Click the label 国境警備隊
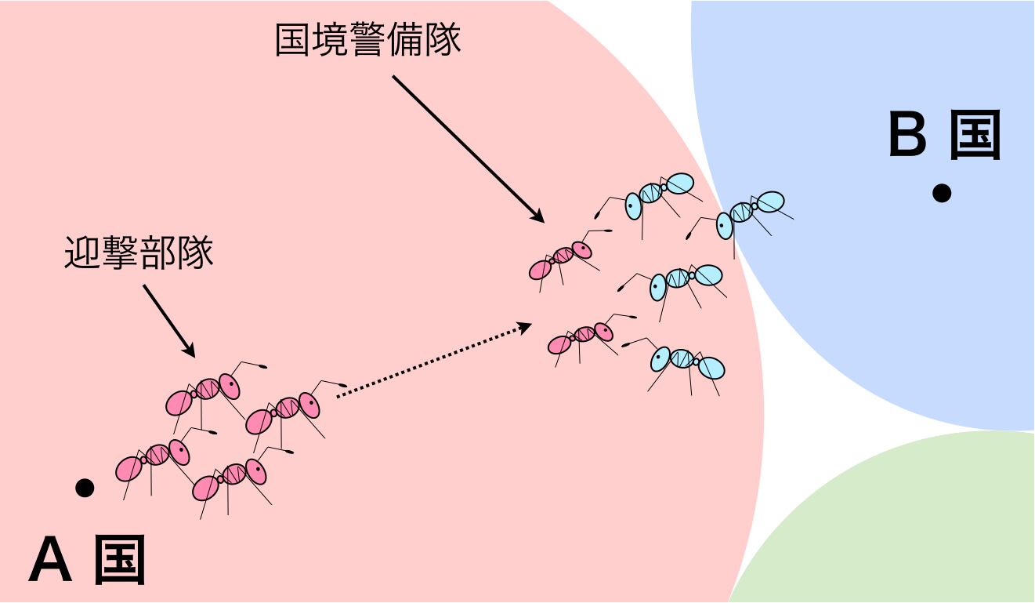coord(367,40)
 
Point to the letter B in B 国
coord(908,135)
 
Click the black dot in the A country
coord(85,488)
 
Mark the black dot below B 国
coord(941,193)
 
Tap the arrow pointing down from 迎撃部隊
coord(168,321)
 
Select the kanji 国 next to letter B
coord(975,135)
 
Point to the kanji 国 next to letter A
coord(120,561)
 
